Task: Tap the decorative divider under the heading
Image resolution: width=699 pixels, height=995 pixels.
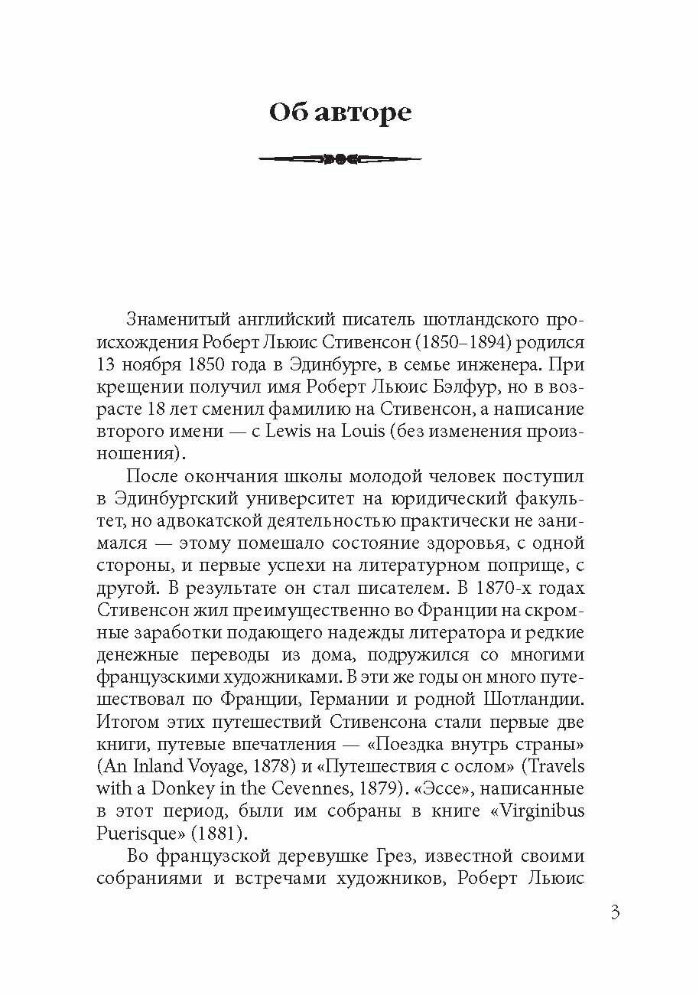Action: pyautogui.click(x=340, y=159)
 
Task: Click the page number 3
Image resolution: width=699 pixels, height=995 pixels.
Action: pyautogui.click(x=616, y=913)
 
